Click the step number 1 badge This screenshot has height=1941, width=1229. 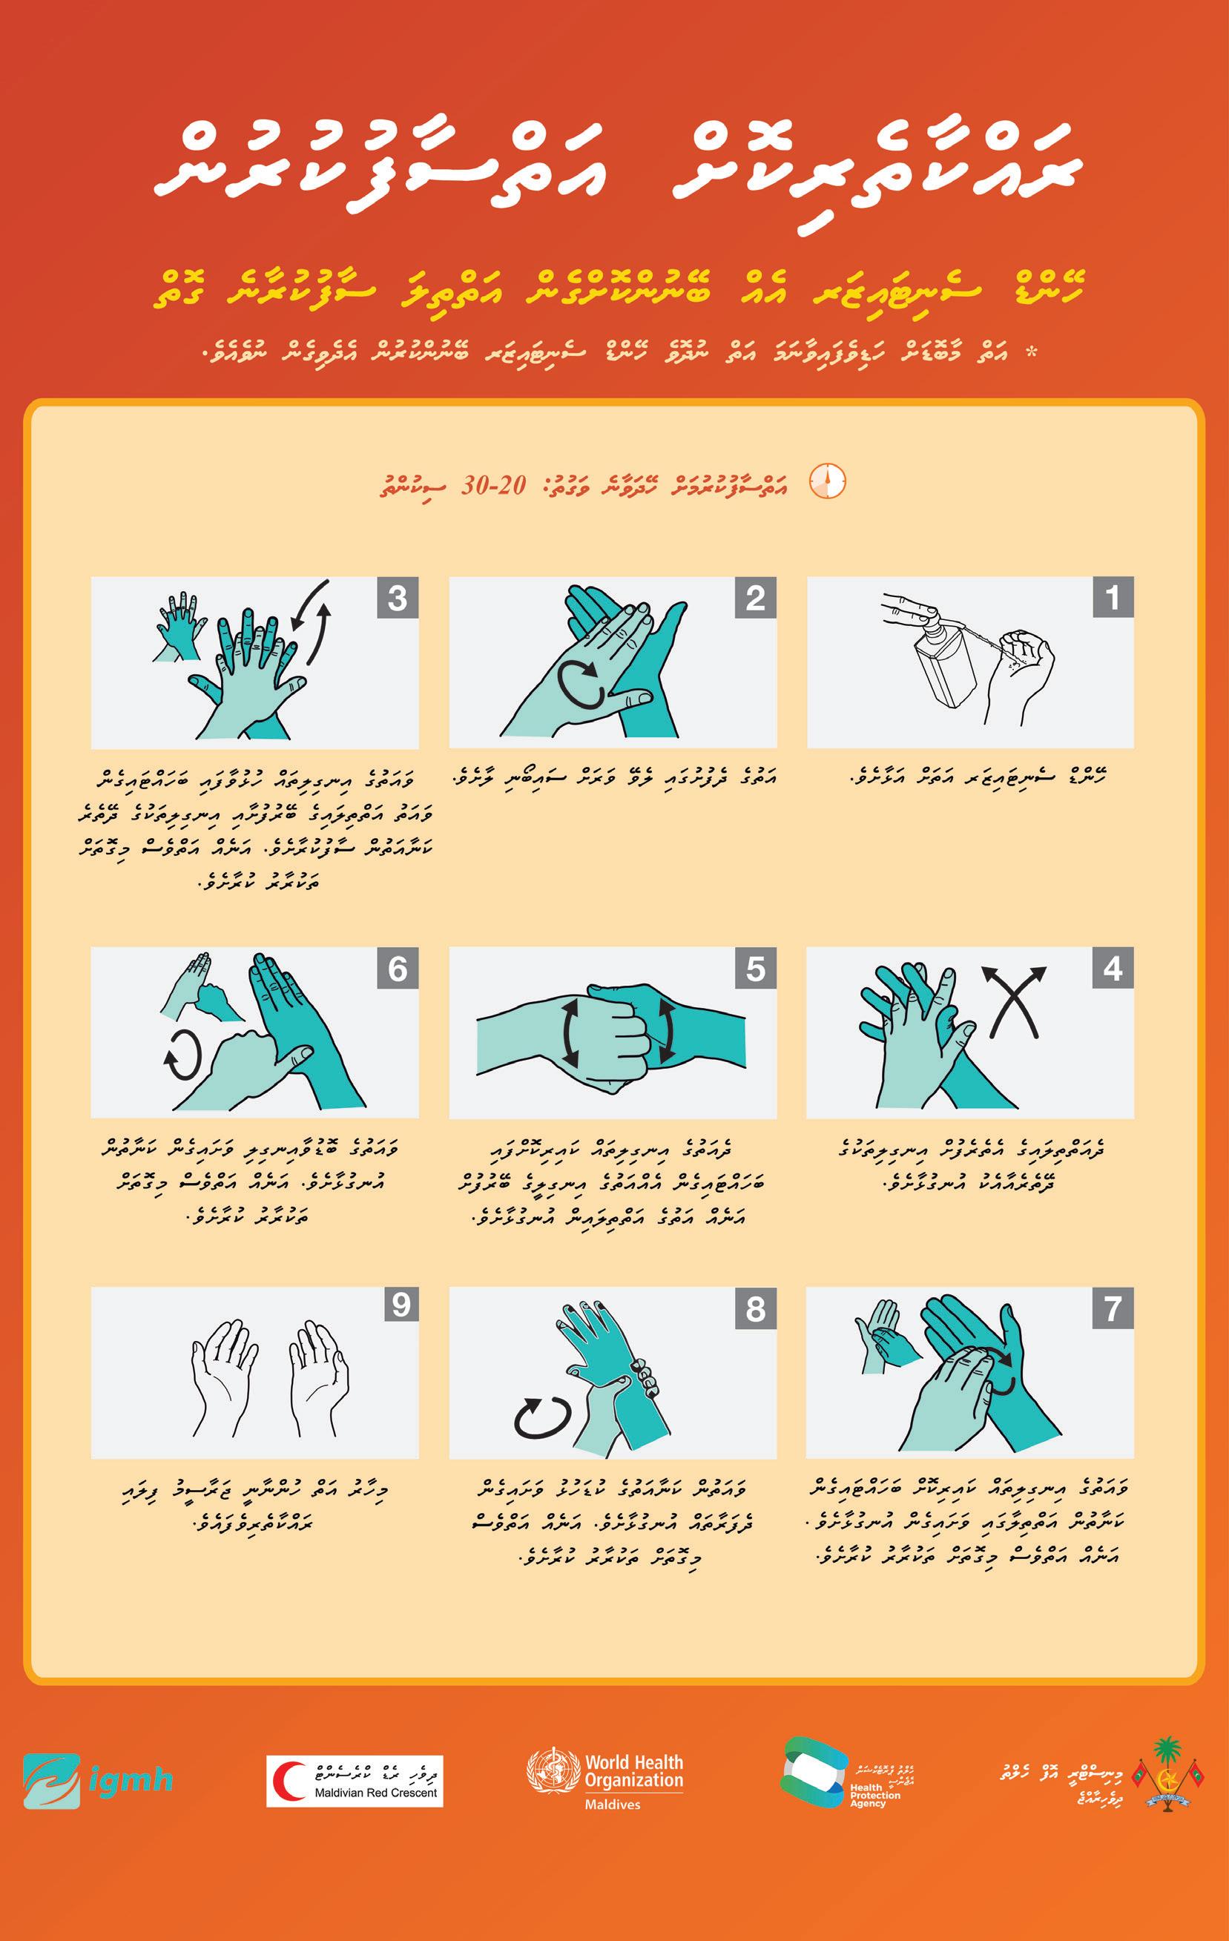point(1113,597)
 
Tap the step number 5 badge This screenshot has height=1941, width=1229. point(756,967)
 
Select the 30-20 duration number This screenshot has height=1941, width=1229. point(493,485)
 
